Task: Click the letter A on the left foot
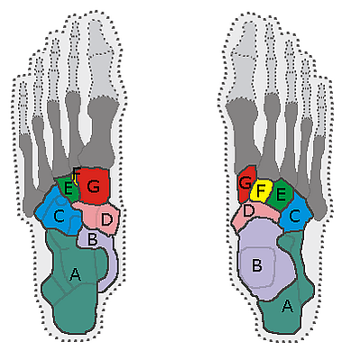pos(75,274)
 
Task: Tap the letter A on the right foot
pos(287,306)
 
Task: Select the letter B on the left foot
pos(92,240)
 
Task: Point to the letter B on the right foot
pos(257,265)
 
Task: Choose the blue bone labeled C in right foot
pos(294,214)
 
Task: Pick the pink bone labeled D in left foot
pos(97,217)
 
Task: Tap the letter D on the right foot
pos(248,210)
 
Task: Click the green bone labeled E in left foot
pos(68,188)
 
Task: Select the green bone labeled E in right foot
pos(280,194)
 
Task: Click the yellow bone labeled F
pos(261,191)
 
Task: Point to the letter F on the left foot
pos(77,173)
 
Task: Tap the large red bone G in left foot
pos(94,185)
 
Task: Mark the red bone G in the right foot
pos(246,183)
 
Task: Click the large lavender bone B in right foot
pos(264,259)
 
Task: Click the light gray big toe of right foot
pos(244,61)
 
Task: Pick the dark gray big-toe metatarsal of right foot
pos(244,135)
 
